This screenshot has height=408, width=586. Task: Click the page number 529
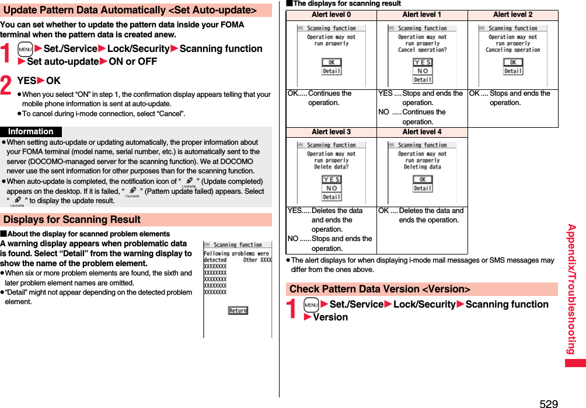pos(549,403)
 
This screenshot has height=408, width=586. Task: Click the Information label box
pos(31,132)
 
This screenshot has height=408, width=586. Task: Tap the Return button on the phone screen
pos(238,311)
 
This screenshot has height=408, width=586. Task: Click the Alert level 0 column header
pos(332,15)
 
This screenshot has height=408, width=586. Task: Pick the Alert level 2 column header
pos(512,15)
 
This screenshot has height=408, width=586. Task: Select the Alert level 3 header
pos(332,132)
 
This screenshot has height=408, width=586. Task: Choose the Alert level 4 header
pos(422,132)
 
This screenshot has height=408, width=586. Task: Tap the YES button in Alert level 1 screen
pos(423,62)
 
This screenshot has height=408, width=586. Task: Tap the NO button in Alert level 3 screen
pos(332,188)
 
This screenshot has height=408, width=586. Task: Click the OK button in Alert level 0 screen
pos(332,62)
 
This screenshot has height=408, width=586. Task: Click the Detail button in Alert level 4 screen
pos(423,188)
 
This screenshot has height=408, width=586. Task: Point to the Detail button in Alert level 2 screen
pos(513,71)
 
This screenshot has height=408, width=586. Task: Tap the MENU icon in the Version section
pos(311,305)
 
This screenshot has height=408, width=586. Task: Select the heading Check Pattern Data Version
pos(379,289)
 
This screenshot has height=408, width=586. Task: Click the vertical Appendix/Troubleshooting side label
pos(572,289)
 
